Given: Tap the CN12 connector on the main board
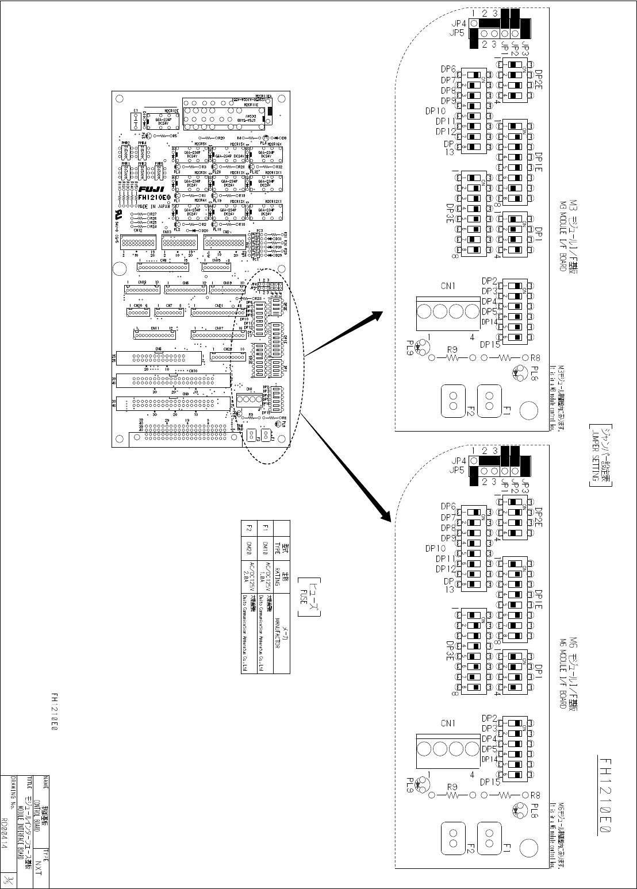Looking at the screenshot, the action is [x=138, y=241].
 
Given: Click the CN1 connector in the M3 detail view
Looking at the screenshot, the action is [x=448, y=311].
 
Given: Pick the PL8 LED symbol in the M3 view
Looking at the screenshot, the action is [x=520, y=372].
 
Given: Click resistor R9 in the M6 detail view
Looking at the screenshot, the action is [x=451, y=795].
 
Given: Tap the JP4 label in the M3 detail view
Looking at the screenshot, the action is [x=459, y=24].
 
